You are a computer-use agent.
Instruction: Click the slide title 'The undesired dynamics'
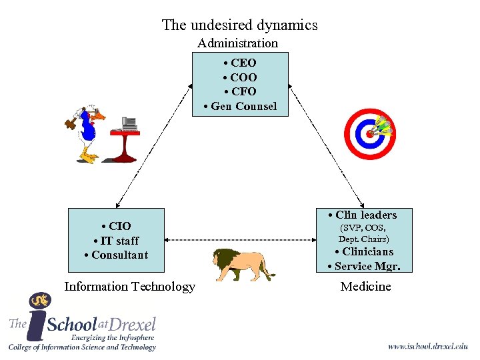239,25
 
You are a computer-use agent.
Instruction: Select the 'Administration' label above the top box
237,43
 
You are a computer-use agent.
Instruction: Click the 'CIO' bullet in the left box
116,226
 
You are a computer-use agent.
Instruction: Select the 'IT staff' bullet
116,241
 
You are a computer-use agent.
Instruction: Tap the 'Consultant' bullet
116,255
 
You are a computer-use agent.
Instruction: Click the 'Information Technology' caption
129,287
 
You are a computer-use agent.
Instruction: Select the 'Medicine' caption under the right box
365,287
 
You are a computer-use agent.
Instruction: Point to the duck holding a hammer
86,133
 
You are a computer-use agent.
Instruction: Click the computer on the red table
129,123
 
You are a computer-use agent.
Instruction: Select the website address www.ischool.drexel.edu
427,346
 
